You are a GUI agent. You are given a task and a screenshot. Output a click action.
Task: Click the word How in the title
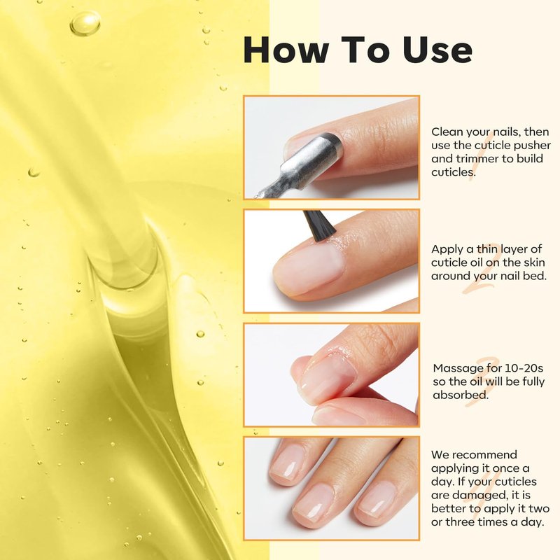click(x=286, y=50)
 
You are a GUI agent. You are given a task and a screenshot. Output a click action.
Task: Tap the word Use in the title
click(x=437, y=50)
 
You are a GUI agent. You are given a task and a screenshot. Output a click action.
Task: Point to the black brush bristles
click(x=319, y=224)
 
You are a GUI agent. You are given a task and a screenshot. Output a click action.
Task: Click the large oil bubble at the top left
click(x=85, y=24)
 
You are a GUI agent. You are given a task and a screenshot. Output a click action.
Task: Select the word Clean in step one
click(x=447, y=132)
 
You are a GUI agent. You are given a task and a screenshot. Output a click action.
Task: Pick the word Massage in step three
click(x=458, y=369)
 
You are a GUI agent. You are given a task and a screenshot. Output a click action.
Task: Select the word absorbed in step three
click(x=461, y=395)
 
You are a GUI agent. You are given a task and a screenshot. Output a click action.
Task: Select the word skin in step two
click(x=534, y=262)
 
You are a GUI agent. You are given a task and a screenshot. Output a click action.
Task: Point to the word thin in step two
click(x=487, y=248)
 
